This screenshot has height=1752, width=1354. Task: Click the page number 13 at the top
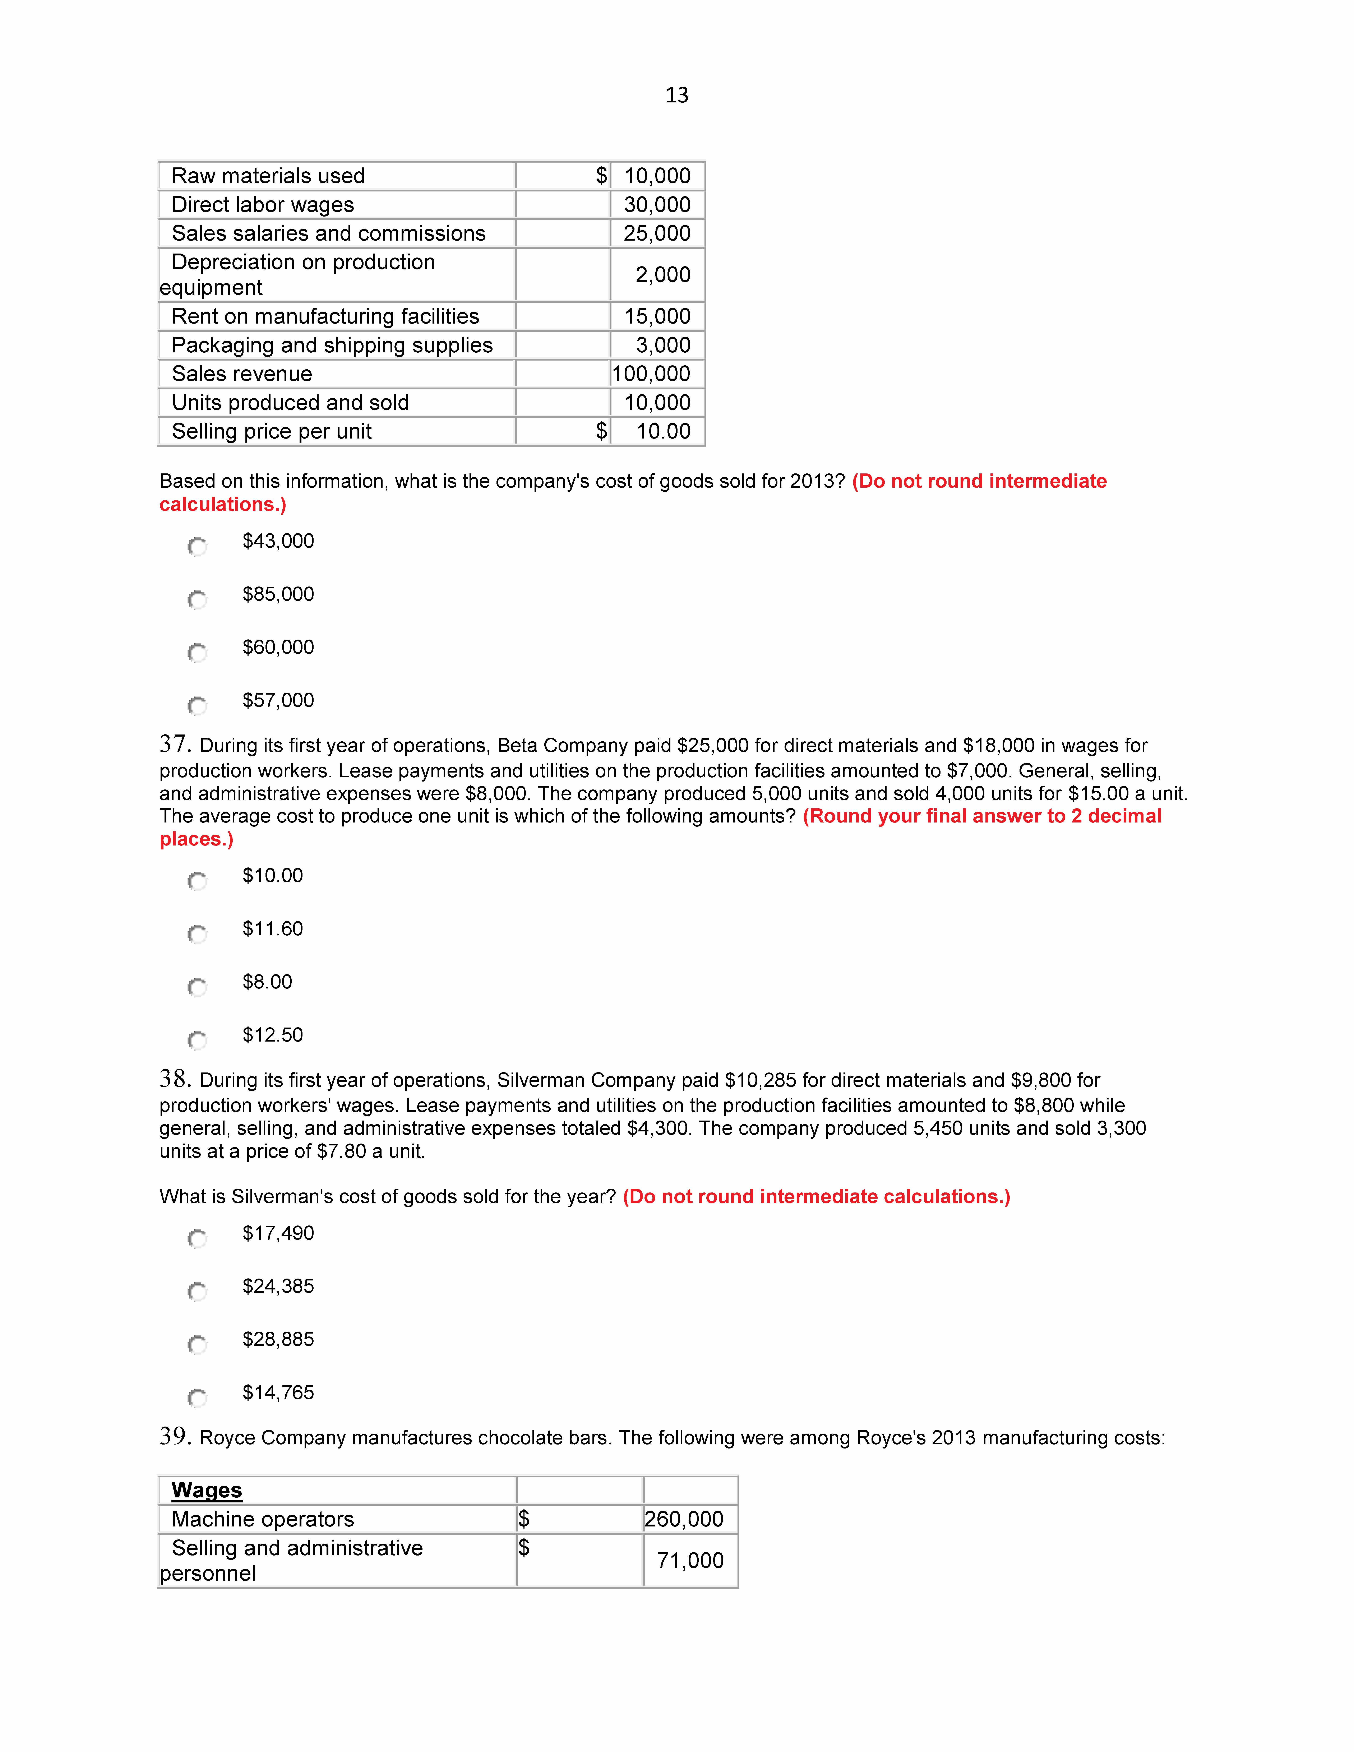coord(676,96)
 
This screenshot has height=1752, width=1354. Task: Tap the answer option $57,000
coord(278,700)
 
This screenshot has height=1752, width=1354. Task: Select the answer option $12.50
coord(273,1035)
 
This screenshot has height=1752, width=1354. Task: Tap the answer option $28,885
coord(278,1339)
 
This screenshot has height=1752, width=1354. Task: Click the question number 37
coord(174,745)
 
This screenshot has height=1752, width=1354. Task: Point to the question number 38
coord(174,1079)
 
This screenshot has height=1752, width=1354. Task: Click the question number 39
coord(174,1436)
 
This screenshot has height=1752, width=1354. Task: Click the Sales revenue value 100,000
coord(651,374)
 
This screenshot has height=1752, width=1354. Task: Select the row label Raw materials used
coord(268,176)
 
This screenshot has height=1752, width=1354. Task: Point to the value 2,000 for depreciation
coord(662,274)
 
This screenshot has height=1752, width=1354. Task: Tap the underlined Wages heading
coord(206,1490)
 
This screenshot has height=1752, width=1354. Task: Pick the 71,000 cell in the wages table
coord(690,1560)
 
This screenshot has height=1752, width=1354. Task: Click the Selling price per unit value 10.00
coord(663,432)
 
